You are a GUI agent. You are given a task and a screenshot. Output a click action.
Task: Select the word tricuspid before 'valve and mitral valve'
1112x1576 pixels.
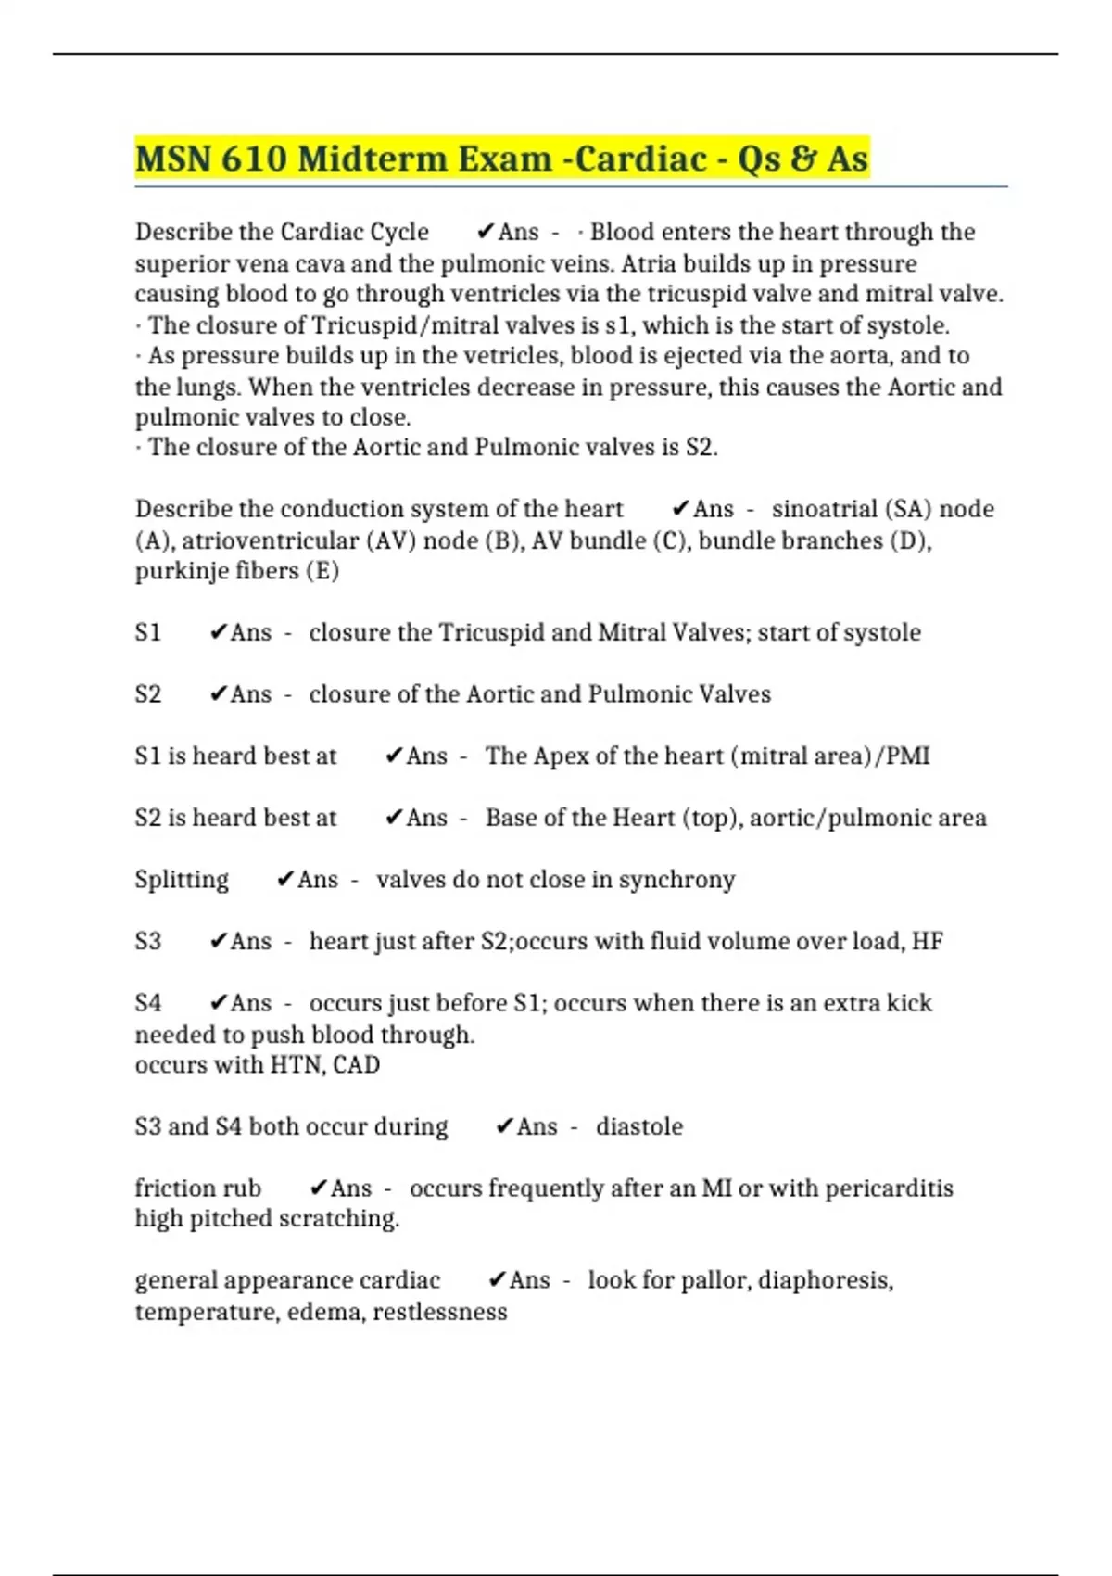[x=700, y=294]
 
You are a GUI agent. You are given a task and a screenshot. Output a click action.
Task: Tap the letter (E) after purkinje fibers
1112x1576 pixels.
[x=322, y=571]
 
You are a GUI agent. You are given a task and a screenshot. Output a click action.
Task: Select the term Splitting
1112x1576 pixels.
[x=182, y=880]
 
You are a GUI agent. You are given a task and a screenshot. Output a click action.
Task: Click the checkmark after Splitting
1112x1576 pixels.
[x=285, y=879]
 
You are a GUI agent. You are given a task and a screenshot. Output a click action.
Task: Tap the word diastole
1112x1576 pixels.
[x=639, y=1126]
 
